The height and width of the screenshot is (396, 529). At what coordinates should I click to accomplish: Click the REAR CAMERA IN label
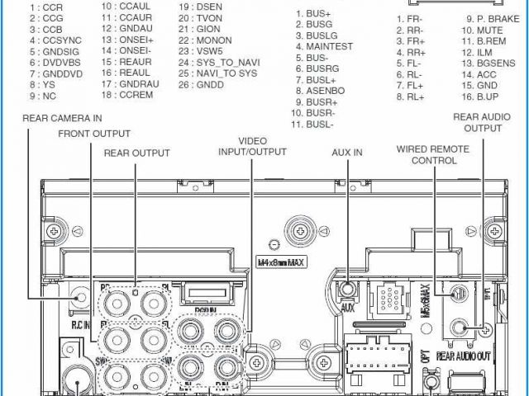pyautogui.click(x=63, y=119)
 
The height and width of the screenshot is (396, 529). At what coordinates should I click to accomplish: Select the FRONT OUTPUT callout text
pyautogui.click(x=94, y=134)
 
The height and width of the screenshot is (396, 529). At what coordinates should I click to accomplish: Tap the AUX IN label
pyautogui.click(x=347, y=153)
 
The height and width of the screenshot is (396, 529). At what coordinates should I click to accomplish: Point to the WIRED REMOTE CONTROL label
pyautogui.click(x=433, y=154)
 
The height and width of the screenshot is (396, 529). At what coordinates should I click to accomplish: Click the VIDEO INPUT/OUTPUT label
pyautogui.click(x=252, y=146)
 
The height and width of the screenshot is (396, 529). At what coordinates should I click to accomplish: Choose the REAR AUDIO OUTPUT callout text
pyautogui.click(x=483, y=123)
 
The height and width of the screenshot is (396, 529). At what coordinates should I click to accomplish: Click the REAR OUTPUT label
pyautogui.click(x=136, y=153)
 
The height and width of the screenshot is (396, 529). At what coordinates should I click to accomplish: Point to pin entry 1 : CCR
pyautogui.click(x=46, y=7)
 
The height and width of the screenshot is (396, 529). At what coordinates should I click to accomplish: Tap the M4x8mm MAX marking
pyautogui.click(x=279, y=262)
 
